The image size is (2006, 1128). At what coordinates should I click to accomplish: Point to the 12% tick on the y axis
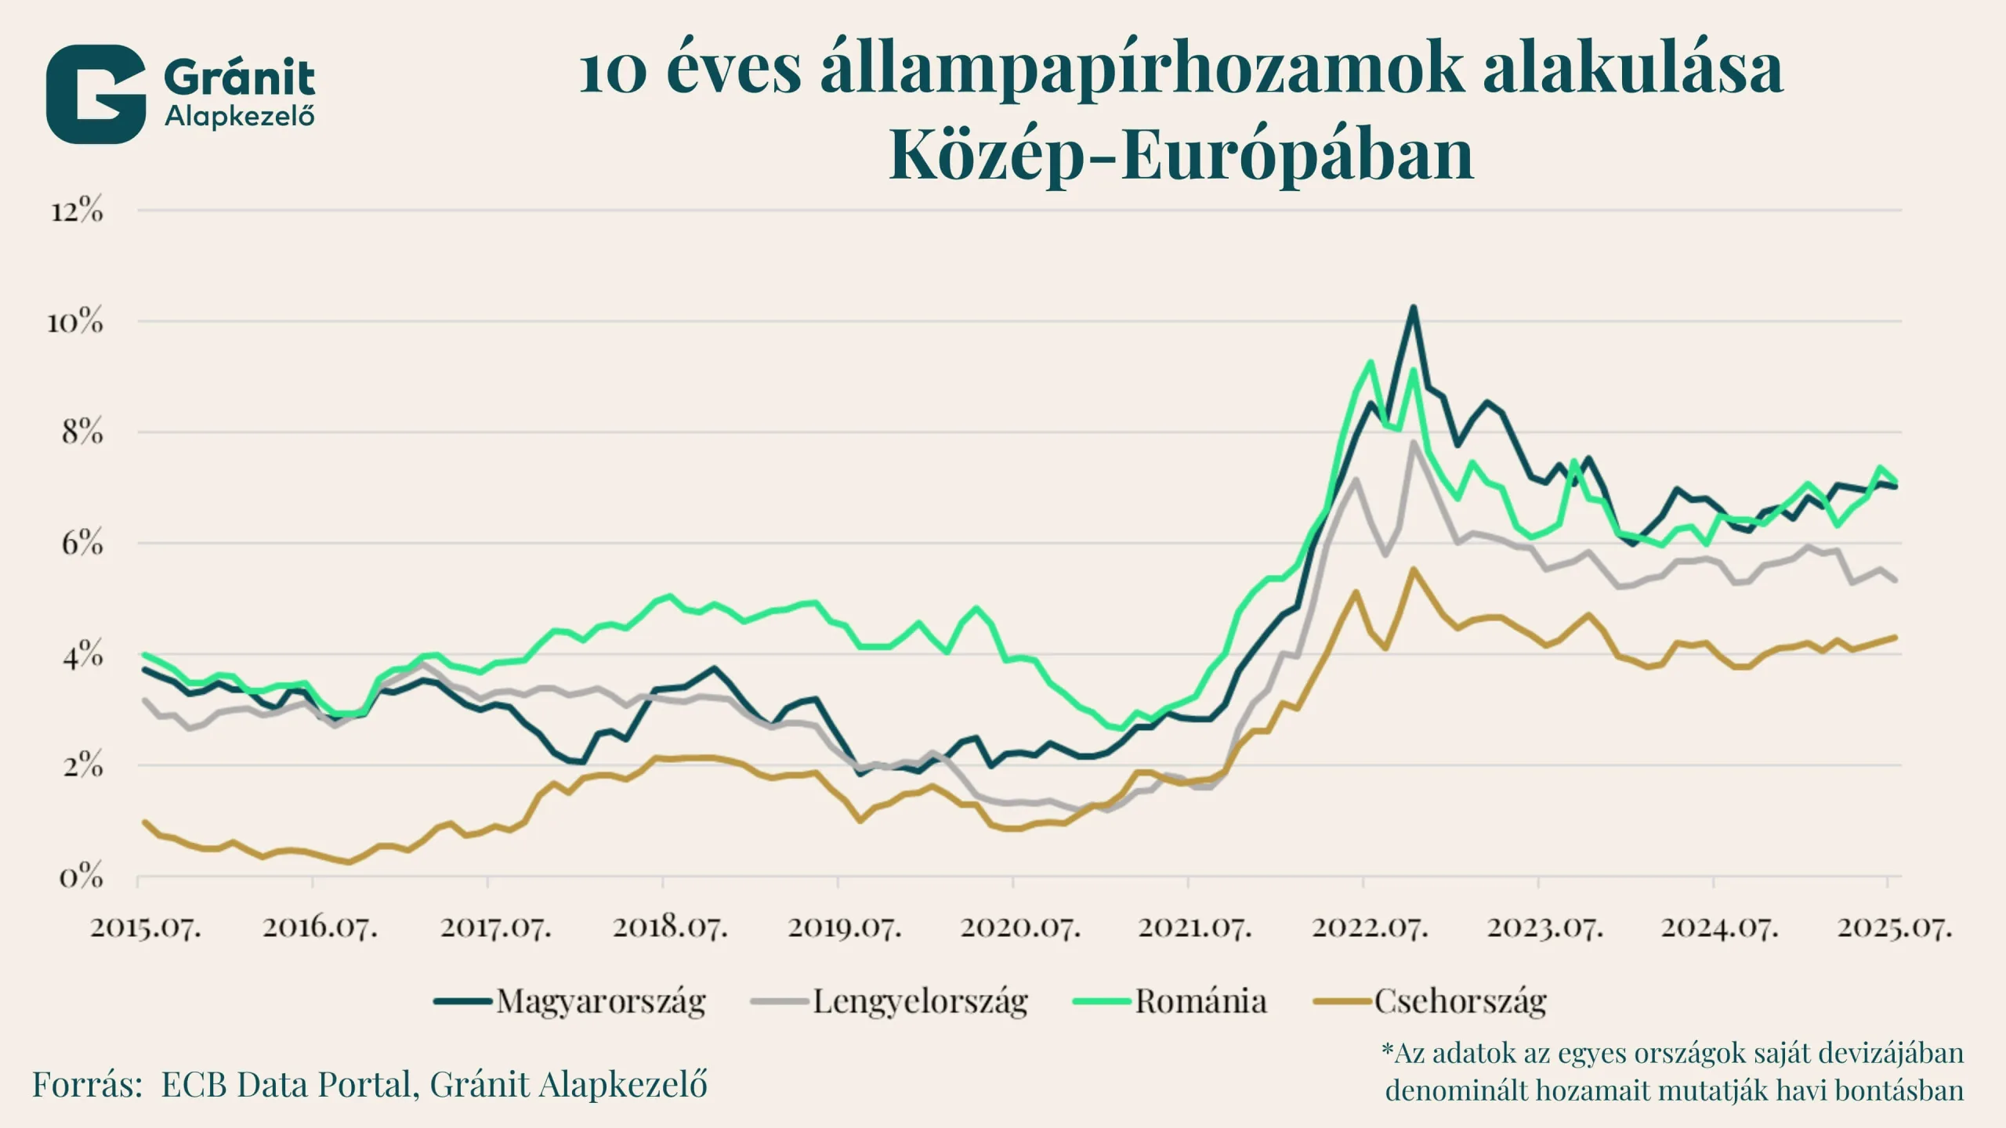(x=77, y=211)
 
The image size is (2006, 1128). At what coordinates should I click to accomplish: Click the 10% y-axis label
(x=75, y=321)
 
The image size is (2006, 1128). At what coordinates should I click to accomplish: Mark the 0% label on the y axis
(x=81, y=877)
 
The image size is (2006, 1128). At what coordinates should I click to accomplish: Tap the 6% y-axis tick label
(x=81, y=543)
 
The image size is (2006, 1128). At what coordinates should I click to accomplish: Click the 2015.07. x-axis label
(x=146, y=927)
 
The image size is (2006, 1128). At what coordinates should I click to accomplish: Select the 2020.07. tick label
(x=1020, y=927)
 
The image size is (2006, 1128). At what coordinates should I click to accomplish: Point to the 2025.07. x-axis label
(x=1894, y=927)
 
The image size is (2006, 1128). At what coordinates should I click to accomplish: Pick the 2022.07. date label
(x=1370, y=927)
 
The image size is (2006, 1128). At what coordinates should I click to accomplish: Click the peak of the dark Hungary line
(x=1413, y=308)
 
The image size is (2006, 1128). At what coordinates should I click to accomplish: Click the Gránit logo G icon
(x=96, y=94)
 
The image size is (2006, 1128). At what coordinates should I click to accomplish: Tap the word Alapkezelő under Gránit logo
(x=240, y=117)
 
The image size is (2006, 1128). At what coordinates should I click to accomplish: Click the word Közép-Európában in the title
(x=1181, y=154)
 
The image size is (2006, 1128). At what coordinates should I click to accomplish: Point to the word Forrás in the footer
(x=87, y=1085)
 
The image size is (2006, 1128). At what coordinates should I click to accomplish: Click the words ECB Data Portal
(x=286, y=1085)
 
